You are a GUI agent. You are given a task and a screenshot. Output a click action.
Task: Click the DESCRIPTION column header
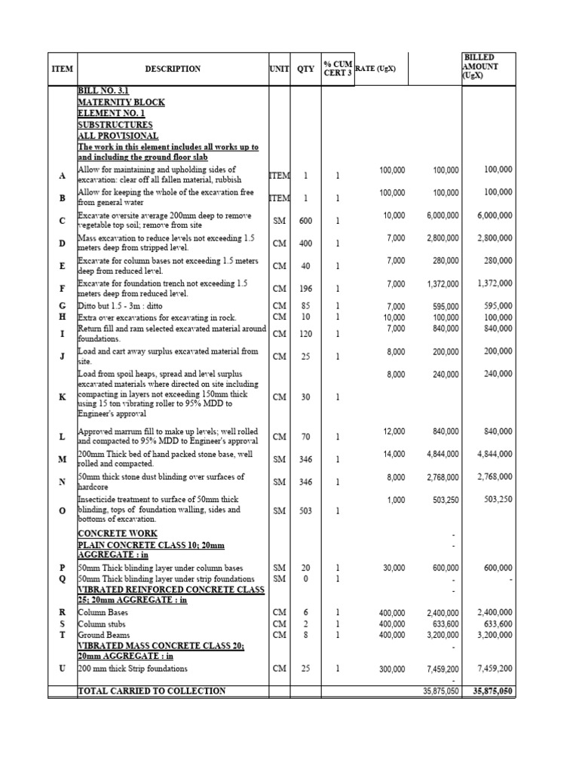pyautogui.click(x=173, y=69)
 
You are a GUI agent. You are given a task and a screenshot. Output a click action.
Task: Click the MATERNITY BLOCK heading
pyautogui.click(x=121, y=102)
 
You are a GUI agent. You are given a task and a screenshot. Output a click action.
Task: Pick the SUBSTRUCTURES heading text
pyautogui.click(x=115, y=124)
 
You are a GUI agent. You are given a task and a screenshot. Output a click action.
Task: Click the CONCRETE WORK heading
pyautogui.click(x=118, y=534)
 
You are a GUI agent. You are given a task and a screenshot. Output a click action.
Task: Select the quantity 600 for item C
pyautogui.click(x=305, y=221)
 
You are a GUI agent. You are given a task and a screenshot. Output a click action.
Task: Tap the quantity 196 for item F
pyautogui.click(x=305, y=289)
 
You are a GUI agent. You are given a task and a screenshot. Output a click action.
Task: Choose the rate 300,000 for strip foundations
pyautogui.click(x=390, y=669)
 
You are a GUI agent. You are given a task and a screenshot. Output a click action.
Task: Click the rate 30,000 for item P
pyautogui.click(x=392, y=568)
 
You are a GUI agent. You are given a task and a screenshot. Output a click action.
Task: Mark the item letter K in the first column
pyautogui.click(x=62, y=397)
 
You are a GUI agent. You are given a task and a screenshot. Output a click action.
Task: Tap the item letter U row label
pyautogui.click(x=62, y=669)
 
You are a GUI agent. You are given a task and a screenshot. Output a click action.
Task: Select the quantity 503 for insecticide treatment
pyautogui.click(x=305, y=510)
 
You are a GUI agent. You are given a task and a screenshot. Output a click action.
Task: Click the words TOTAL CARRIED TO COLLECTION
pyautogui.click(x=152, y=691)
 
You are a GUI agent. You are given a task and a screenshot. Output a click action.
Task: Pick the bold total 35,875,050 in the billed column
pyautogui.click(x=492, y=690)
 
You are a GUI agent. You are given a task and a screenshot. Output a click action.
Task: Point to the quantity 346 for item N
pyautogui.click(x=305, y=482)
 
